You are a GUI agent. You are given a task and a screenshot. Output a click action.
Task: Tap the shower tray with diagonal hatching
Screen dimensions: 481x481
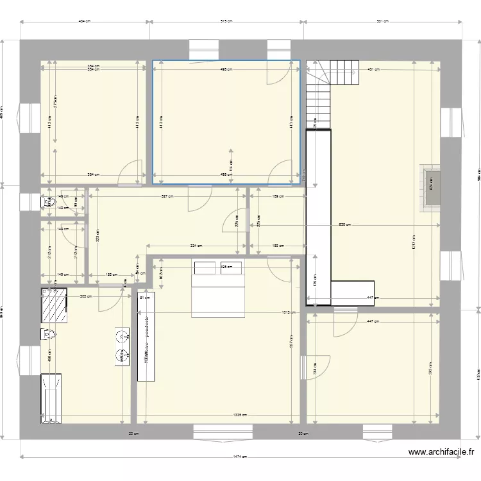(55, 305)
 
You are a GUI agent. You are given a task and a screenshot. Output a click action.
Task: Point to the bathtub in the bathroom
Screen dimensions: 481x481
(51, 398)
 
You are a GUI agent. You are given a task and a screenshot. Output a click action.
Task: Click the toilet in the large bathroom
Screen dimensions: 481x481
(47, 334)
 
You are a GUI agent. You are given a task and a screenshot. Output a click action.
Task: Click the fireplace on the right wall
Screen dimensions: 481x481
(430, 187)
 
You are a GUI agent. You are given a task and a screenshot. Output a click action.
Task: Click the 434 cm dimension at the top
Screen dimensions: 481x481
(85, 21)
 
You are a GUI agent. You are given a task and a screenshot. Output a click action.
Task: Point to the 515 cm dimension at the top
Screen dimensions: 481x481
(226, 21)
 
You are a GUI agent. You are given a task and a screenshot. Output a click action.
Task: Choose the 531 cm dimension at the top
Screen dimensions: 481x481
(382, 21)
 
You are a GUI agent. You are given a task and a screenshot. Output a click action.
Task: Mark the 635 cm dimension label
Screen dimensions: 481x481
(344, 225)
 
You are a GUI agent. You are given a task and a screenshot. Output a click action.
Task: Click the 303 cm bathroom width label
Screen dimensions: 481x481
(84, 296)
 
